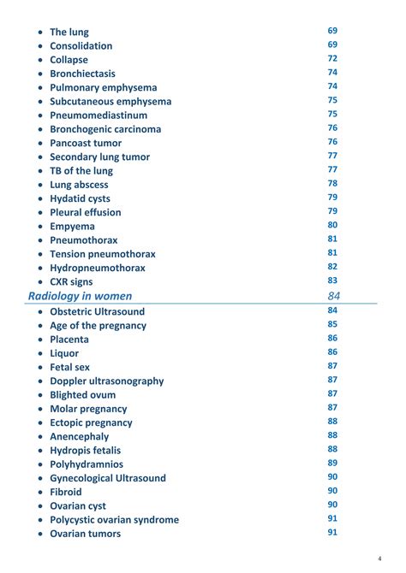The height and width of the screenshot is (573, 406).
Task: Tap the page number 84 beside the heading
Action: [333, 296]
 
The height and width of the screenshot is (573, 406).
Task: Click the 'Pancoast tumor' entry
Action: [86, 143]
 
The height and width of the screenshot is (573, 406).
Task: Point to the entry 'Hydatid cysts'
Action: [80, 198]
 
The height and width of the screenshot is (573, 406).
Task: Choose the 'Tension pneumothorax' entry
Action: [103, 254]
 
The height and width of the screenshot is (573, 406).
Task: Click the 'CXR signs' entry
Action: [71, 281]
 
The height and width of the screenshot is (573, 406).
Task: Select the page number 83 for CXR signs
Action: [332, 281]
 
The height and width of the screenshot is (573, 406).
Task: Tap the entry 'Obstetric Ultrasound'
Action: [97, 311]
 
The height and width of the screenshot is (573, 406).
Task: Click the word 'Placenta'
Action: [69, 340]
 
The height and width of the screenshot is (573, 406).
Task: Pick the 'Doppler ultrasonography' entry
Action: [106, 381]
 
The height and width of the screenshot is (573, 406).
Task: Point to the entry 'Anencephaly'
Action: [80, 436]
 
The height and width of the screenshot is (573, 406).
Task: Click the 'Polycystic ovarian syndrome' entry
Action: [114, 520]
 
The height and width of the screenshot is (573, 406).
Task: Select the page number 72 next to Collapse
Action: [332, 58]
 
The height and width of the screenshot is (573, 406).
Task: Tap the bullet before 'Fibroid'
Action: [40, 493]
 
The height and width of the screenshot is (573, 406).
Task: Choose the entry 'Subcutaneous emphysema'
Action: [110, 101]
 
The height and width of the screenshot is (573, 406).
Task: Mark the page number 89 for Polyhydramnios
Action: [332, 463]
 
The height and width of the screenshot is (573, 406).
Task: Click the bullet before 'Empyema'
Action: [40, 227]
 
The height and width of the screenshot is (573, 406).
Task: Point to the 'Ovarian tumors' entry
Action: [85, 534]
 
